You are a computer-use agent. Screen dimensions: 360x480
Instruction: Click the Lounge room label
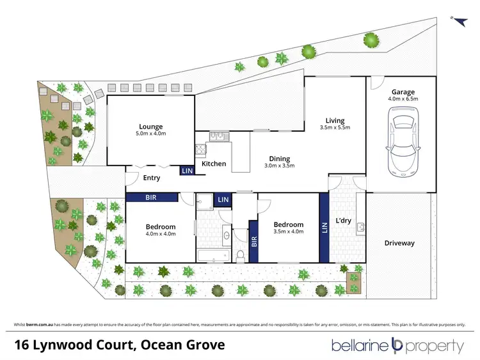point(150,126)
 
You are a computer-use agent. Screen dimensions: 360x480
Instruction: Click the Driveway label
point(399,243)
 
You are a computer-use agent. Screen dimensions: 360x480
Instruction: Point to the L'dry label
point(343,221)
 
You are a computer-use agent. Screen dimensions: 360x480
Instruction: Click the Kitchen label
point(214,164)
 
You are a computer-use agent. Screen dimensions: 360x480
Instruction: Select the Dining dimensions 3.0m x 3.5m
point(279,166)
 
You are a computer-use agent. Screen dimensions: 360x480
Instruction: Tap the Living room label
point(334,120)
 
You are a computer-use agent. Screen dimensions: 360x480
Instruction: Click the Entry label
point(151,178)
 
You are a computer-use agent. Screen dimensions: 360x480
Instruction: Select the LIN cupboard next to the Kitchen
point(187,171)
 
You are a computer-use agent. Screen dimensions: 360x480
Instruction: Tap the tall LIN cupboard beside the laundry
point(324,228)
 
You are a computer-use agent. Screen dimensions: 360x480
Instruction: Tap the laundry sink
point(360,227)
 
